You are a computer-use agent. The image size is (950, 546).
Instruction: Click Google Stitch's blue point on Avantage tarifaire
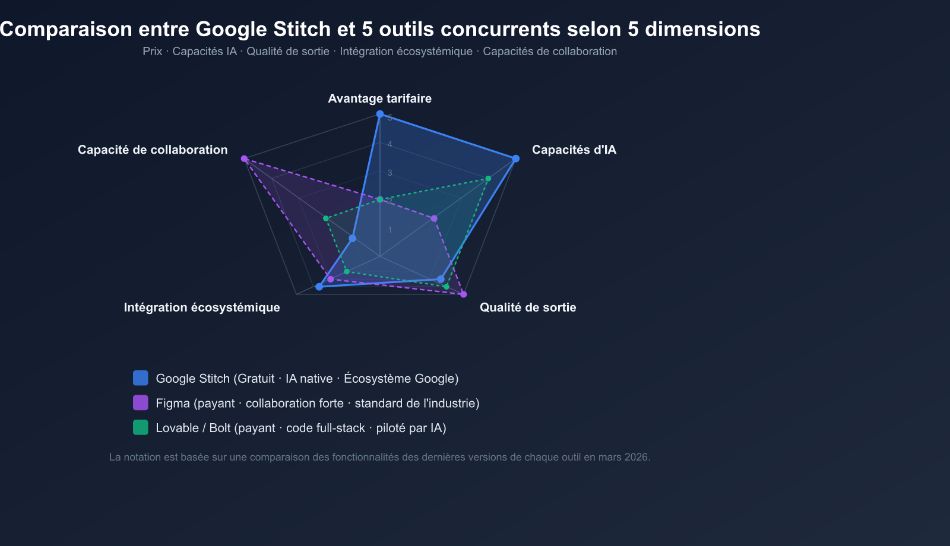[380, 114]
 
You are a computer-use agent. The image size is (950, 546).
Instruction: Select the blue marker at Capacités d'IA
[515, 158]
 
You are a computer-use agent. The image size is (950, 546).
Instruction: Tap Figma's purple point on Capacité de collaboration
[244, 158]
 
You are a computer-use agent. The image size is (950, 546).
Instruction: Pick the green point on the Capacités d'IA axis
[488, 179]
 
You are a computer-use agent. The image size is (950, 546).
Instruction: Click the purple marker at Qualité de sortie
[464, 294]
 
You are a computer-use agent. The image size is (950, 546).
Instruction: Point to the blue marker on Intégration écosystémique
[319, 287]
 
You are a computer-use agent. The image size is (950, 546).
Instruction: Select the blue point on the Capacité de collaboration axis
[353, 239]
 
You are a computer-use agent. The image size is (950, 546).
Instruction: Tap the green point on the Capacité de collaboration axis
[326, 218]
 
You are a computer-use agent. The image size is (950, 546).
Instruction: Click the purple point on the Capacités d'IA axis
[434, 219]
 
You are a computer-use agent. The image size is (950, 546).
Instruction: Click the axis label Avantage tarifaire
[380, 99]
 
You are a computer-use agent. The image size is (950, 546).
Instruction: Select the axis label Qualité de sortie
[528, 307]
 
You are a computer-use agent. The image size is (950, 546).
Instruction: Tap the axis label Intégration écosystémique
[202, 307]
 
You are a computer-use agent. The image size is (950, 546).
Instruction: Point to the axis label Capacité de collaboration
[153, 150]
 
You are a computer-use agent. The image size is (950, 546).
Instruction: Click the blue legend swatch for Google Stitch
[141, 378]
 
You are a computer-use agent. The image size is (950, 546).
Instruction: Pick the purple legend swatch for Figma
[141, 403]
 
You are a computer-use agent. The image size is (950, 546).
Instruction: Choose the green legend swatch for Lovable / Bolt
[141, 427]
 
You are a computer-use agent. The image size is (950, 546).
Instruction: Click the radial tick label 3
[390, 173]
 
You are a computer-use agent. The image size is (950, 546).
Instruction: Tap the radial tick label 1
[390, 230]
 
